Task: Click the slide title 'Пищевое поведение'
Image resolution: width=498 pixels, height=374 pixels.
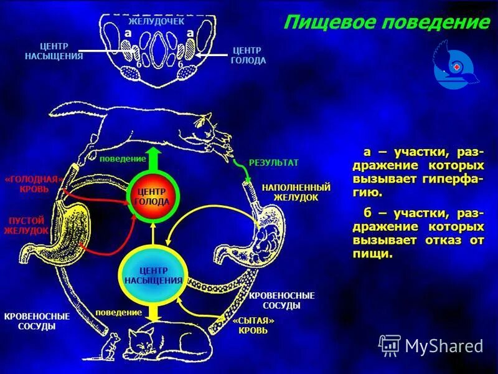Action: tap(386, 23)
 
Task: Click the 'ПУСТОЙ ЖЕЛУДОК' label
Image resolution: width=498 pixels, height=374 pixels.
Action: tap(26, 225)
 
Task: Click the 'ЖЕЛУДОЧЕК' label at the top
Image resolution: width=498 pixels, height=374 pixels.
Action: tap(157, 22)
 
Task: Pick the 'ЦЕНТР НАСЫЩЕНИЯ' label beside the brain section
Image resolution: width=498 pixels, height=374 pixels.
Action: tap(55, 51)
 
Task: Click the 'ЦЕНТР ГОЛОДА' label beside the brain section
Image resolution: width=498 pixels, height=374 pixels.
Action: tap(248, 55)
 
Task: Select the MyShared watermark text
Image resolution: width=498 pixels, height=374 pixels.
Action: tap(443, 345)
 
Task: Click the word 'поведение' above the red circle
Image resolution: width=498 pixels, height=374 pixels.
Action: tap(122, 159)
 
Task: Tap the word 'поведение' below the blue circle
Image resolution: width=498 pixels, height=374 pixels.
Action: tap(118, 311)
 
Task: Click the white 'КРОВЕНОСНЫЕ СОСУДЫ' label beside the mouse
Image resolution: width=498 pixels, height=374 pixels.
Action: tap(37, 321)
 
